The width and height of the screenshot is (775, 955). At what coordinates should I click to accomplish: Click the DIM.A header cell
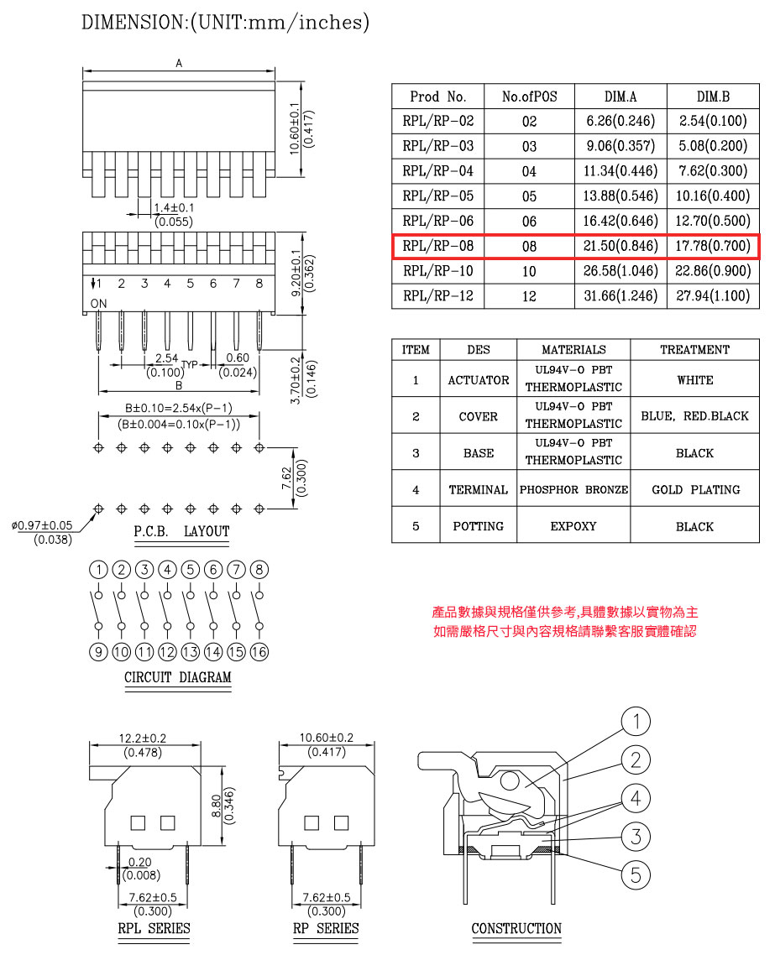pyautogui.click(x=621, y=97)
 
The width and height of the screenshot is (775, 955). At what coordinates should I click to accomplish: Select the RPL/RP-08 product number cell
pyautogui.click(x=438, y=246)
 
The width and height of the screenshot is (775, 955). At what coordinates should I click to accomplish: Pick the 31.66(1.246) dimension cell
pyautogui.click(x=621, y=296)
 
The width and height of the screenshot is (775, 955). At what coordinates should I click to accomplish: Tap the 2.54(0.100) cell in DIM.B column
pyautogui.click(x=713, y=121)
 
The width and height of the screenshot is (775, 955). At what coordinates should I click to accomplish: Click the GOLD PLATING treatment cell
pyautogui.click(x=695, y=490)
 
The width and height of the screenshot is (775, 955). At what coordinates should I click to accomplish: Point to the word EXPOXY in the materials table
pyautogui.click(x=573, y=526)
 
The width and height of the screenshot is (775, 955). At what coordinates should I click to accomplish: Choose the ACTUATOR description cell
pyautogui.click(x=479, y=380)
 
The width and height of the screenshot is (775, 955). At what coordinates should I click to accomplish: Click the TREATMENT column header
pyautogui.click(x=694, y=350)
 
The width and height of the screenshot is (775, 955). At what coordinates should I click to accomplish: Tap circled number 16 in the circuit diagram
pyautogui.click(x=259, y=652)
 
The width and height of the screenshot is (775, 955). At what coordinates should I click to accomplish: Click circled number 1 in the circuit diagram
pyautogui.click(x=98, y=570)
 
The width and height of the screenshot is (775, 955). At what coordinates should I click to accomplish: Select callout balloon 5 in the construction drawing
pyautogui.click(x=636, y=875)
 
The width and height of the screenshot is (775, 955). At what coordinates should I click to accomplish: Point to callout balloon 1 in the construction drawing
pyautogui.click(x=636, y=721)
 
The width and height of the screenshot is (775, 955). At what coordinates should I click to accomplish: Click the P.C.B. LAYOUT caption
pyautogui.click(x=181, y=532)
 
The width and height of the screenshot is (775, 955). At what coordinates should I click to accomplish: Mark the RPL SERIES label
pyautogui.click(x=154, y=928)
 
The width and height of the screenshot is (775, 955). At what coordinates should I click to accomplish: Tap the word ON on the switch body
pyautogui.click(x=99, y=303)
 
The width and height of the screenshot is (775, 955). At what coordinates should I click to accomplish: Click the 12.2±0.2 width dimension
pyautogui.click(x=143, y=738)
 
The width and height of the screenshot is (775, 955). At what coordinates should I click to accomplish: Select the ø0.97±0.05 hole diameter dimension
pyautogui.click(x=42, y=525)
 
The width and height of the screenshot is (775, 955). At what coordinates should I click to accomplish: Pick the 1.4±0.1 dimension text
pyautogui.click(x=174, y=207)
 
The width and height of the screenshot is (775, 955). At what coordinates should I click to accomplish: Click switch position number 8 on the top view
pyautogui.click(x=259, y=283)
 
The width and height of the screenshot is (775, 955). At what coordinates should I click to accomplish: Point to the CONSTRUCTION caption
pyautogui.click(x=516, y=928)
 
